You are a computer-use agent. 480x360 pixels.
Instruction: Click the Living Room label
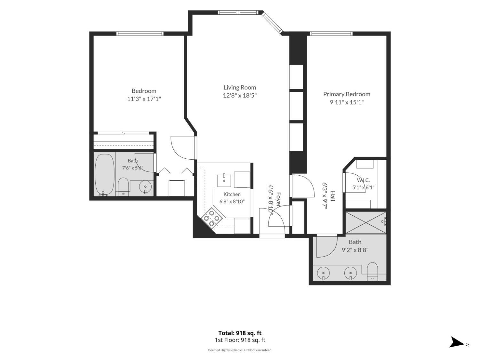coord(239,87)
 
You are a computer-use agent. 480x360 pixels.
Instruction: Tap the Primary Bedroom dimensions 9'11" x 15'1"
coord(346,102)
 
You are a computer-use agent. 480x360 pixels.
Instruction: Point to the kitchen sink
coord(224,180)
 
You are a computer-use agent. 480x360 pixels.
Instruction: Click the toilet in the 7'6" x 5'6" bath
coord(123,187)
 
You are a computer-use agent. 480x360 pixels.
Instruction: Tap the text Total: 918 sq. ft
coord(240,333)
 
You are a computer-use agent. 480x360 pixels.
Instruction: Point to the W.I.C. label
coord(363,180)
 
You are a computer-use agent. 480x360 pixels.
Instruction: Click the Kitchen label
coord(232,194)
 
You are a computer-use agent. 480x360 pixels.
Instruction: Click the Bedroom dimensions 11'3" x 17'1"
coord(144,99)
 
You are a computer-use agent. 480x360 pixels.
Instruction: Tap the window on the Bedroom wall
coord(140,34)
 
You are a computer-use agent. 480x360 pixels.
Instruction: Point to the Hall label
coord(332,196)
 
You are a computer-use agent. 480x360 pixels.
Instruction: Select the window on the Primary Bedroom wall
coord(331,34)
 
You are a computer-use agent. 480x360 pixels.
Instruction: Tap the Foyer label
coord(278,199)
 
